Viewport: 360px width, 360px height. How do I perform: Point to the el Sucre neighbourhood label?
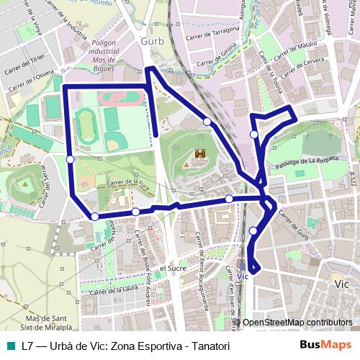click(173, 267)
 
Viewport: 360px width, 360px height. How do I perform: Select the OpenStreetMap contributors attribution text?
click(297, 323)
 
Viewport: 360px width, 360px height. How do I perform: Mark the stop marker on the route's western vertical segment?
click(70, 159)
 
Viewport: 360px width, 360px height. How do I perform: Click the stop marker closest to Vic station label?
click(253, 230)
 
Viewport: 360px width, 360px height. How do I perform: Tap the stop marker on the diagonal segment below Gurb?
click(207, 122)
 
